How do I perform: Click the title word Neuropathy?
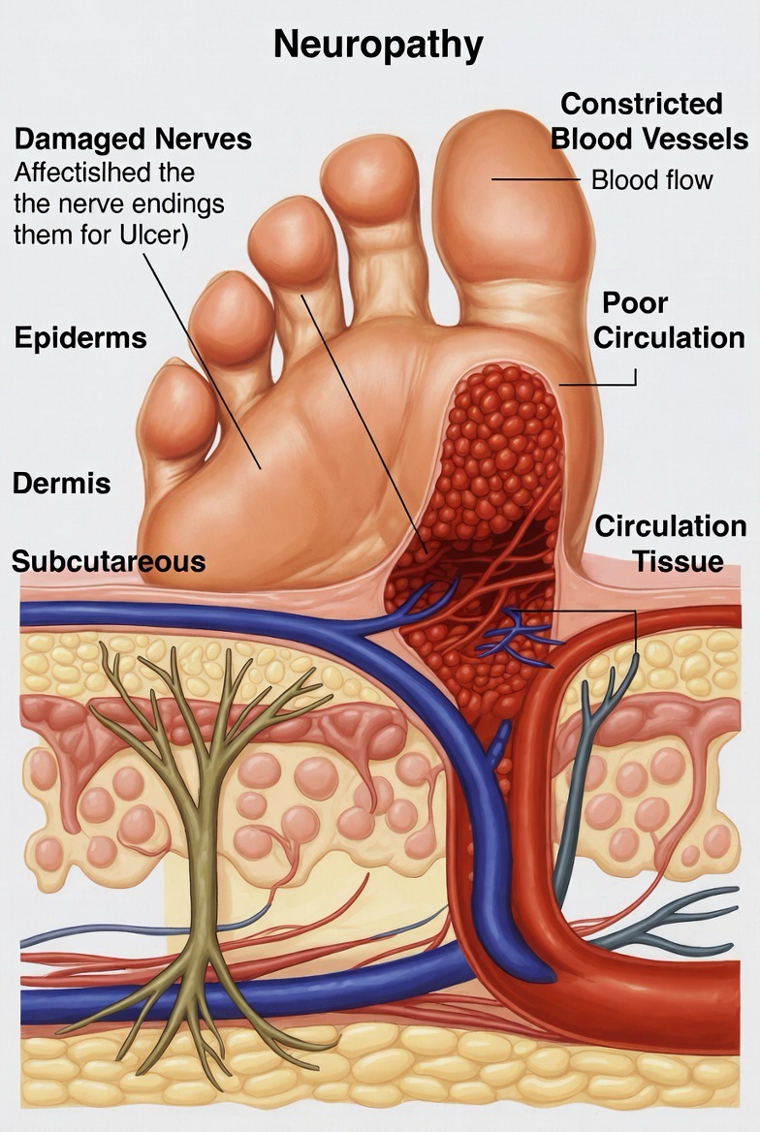point(378,44)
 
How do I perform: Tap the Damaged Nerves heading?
point(133,139)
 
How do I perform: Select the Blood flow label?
point(651,179)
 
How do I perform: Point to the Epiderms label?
point(80,337)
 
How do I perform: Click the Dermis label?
point(61,483)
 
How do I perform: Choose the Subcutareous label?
point(109,561)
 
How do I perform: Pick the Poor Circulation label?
point(669,320)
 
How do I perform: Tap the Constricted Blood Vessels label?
point(649,121)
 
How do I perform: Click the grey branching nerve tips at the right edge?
point(708,921)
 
